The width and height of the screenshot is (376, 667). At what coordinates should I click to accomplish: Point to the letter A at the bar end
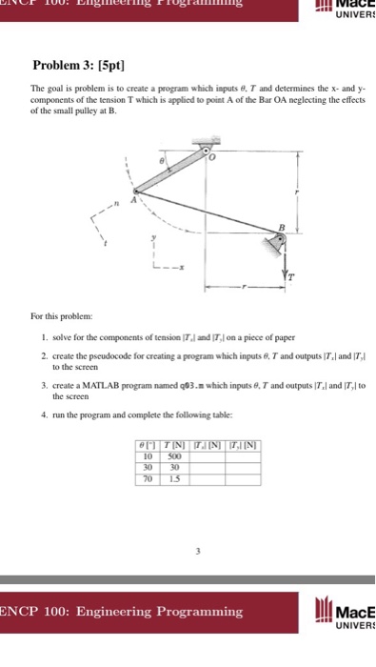[135, 200]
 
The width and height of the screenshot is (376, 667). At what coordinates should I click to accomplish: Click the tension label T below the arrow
[292, 277]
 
